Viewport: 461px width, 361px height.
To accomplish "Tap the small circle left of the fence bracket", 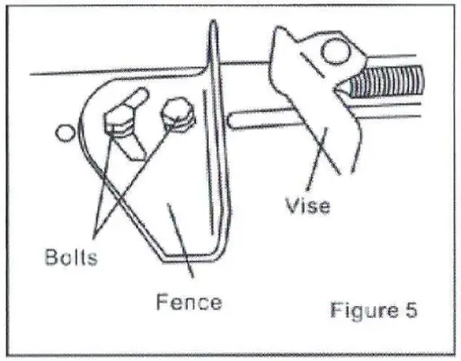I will click(x=63, y=133).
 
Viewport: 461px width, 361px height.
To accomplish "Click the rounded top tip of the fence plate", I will click(x=212, y=32).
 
